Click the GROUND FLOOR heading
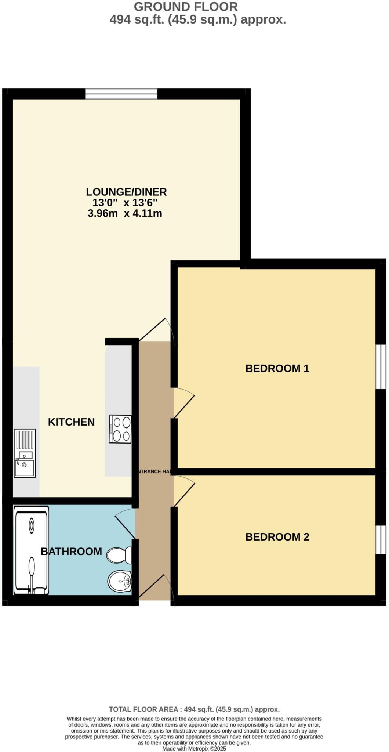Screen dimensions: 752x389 click(186, 7)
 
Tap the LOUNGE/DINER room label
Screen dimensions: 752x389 click(126, 192)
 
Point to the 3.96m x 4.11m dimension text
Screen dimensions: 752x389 click(125, 213)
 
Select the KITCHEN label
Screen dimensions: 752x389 click(71, 422)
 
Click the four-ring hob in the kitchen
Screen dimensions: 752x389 click(120, 429)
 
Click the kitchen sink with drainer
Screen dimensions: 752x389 click(25, 453)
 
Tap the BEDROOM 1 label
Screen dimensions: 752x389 click(277, 368)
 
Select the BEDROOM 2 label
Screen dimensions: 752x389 click(277, 537)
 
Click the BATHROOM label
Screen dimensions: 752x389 click(71, 552)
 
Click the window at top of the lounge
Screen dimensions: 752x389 click(121, 94)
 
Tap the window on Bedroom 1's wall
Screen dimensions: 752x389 click(381, 366)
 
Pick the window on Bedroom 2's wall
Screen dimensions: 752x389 click(381, 540)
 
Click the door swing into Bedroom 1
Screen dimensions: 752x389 click(183, 403)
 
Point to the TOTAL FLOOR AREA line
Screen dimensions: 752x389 click(194, 709)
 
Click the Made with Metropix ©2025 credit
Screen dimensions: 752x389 click(194, 749)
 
